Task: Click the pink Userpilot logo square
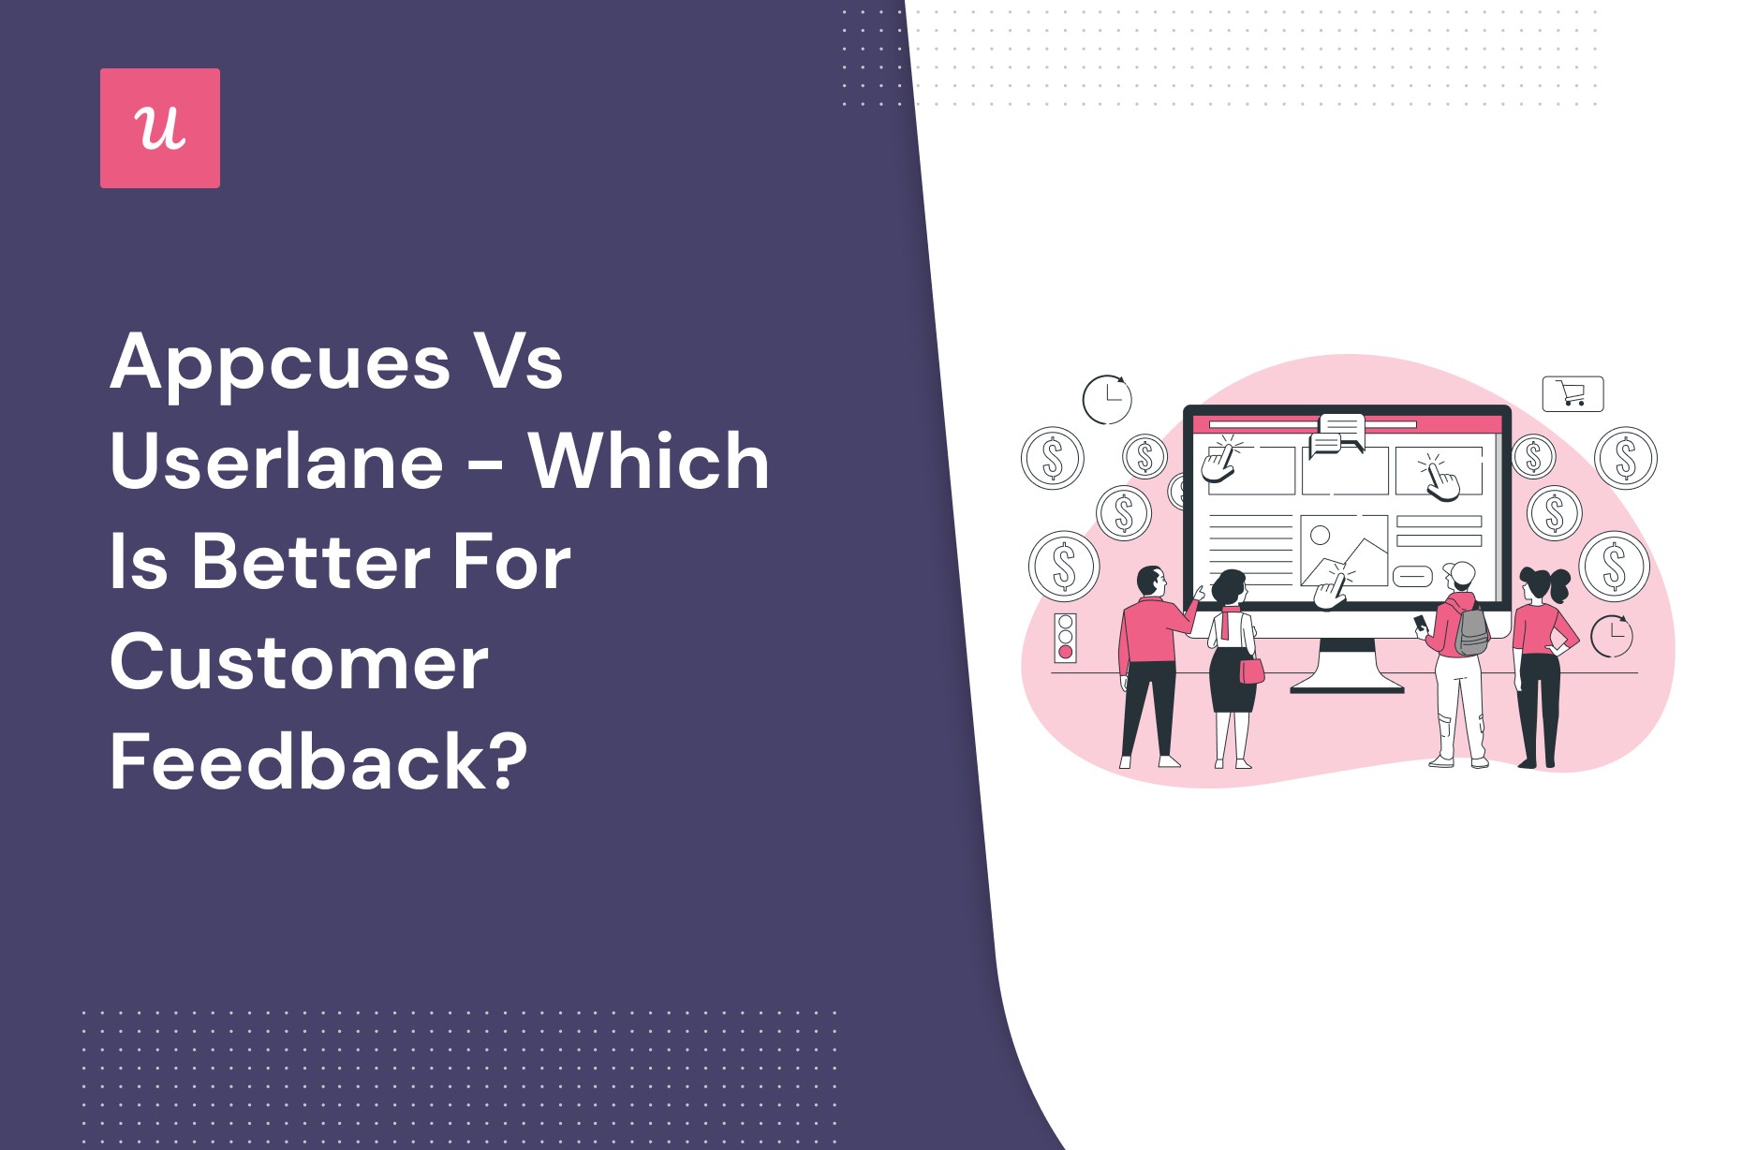coord(160,128)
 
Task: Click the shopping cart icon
coord(1572,393)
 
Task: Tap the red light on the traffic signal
coord(1065,652)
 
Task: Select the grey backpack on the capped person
coord(1471,630)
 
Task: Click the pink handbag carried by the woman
coord(1251,671)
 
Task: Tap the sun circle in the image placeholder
coord(1320,536)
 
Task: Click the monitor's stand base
coord(1347,688)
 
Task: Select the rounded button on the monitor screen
coord(1412,576)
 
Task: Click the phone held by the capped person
coord(1420,623)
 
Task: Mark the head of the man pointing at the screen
coord(1151,582)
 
